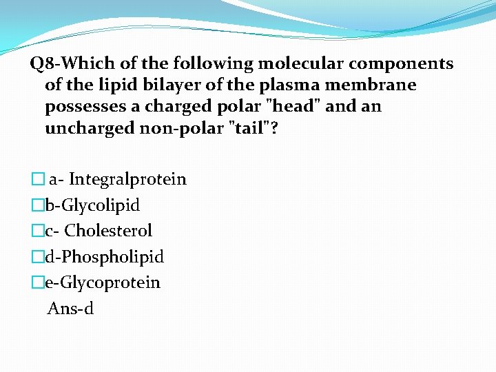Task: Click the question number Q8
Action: coord(43,64)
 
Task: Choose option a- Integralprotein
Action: coord(117,180)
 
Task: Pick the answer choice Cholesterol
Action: coord(108,231)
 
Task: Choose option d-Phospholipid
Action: coord(103,257)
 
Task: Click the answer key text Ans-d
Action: coord(70,308)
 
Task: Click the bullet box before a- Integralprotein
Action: coord(38,180)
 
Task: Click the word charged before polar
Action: coord(176,107)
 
